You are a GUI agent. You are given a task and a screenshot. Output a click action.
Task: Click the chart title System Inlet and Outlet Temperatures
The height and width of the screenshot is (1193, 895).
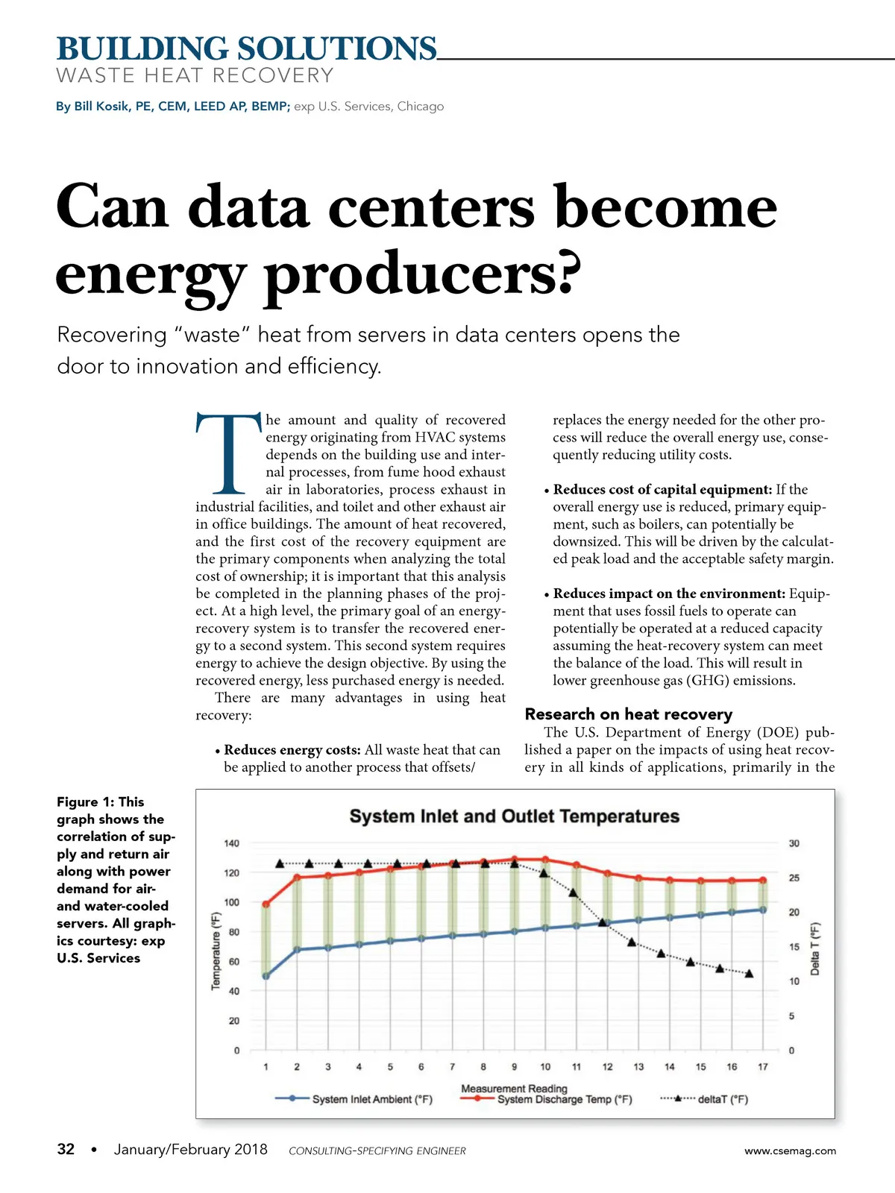(515, 816)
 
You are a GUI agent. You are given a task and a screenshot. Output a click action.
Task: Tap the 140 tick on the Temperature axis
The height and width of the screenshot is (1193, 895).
(232, 843)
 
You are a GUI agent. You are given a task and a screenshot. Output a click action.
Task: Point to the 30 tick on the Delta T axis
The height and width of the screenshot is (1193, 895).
(794, 843)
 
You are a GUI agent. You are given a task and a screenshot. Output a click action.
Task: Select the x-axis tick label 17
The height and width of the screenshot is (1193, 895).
(763, 1067)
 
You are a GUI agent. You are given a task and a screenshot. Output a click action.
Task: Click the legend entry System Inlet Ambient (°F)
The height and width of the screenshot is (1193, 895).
(371, 1100)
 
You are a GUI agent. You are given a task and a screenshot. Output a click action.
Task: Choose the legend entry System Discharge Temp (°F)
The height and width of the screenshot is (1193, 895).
(564, 1100)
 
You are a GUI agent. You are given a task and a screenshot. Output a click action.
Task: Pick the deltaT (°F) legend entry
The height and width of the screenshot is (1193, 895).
(722, 1100)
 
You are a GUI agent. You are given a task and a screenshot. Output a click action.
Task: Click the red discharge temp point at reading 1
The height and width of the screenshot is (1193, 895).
(266, 904)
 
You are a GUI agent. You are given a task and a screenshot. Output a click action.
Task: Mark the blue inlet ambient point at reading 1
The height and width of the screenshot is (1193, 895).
(266, 976)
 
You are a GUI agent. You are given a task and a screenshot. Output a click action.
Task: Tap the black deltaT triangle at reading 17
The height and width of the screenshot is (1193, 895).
(750, 974)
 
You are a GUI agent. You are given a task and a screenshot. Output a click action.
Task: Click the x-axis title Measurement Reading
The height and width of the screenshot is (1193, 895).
(514, 1089)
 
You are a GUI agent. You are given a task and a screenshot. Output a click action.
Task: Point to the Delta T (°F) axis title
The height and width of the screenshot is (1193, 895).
(815, 948)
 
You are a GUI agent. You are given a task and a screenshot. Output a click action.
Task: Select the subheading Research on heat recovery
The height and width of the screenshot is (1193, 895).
(628, 714)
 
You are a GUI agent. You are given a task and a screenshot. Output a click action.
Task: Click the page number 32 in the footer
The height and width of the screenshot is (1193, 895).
(66, 1149)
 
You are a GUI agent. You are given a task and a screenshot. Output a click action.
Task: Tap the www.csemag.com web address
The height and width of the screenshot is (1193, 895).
(790, 1150)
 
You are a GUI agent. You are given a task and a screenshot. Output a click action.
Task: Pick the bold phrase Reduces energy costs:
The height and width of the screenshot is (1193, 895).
(292, 750)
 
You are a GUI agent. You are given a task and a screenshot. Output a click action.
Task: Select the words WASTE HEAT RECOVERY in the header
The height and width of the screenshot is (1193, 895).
(195, 76)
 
